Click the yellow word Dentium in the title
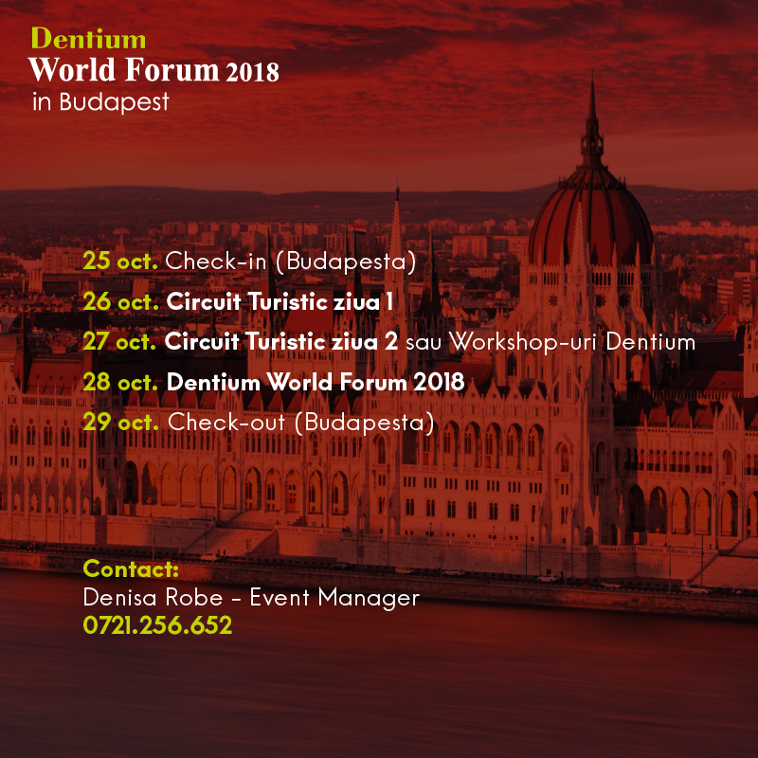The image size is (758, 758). tap(88, 38)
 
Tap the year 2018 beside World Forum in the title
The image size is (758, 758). tap(252, 72)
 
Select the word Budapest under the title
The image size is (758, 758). tap(114, 102)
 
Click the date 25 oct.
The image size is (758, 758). tap(120, 262)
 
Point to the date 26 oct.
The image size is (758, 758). tap(121, 301)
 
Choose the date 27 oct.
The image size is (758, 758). tap(119, 342)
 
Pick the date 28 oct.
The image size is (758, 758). tap(121, 383)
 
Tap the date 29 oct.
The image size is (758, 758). tap(121, 423)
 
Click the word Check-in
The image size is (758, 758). tap(216, 262)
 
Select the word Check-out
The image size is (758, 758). tap(226, 423)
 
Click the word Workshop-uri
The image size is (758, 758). tap(524, 342)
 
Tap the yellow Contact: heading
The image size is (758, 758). tap(131, 569)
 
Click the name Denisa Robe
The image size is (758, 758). tap(153, 598)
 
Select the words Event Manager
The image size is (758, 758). tap(334, 599)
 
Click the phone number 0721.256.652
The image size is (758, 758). tap(157, 625)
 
